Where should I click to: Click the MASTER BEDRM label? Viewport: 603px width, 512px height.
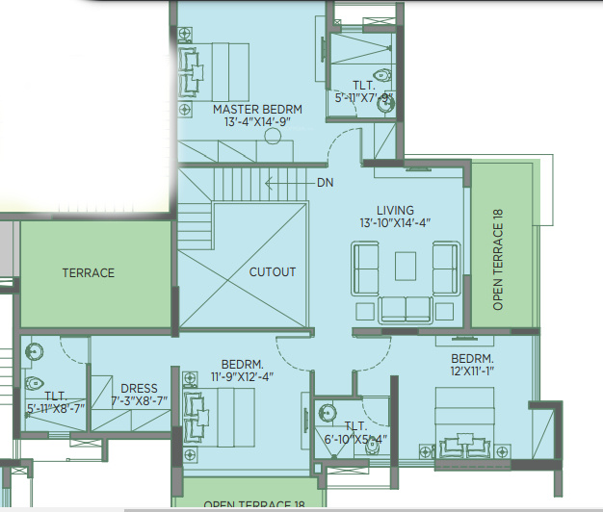tap(251, 110)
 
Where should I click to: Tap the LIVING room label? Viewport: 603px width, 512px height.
tap(396, 210)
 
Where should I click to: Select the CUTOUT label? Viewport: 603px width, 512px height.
tap(273, 272)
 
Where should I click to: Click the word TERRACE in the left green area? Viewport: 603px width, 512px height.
tap(89, 273)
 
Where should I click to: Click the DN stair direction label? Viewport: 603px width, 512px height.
tap(324, 181)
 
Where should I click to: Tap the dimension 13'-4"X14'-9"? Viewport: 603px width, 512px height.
tap(251, 122)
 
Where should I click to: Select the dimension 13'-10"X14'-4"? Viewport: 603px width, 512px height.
tap(396, 223)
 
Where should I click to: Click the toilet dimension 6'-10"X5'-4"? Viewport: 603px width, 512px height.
tap(355, 439)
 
